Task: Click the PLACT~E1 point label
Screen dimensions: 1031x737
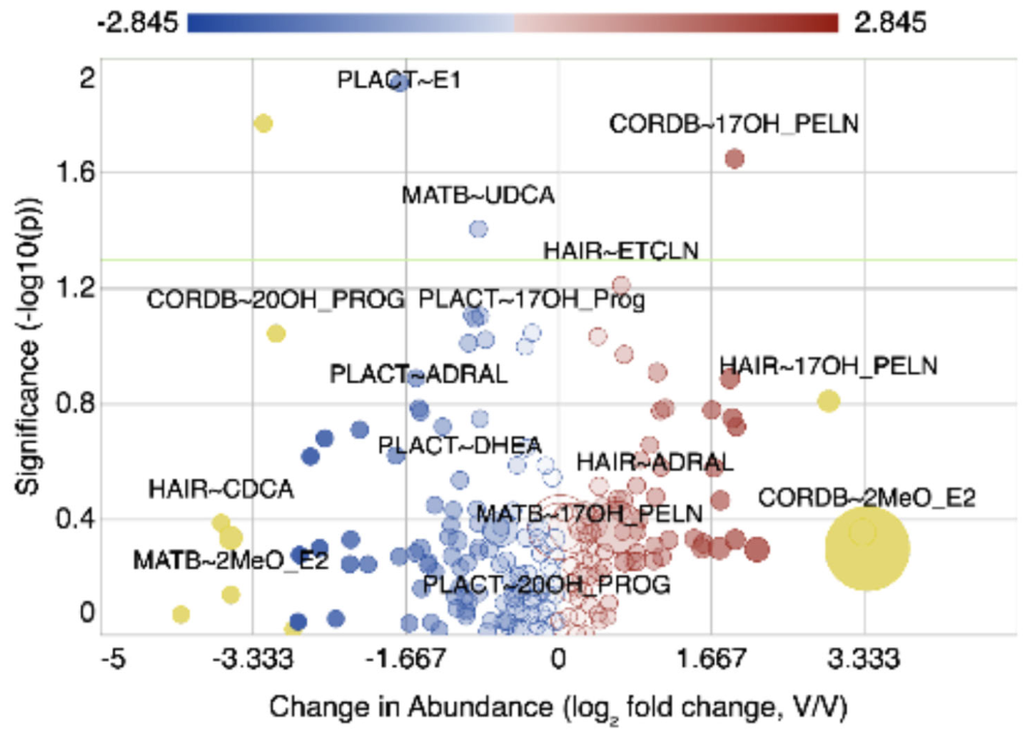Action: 399,80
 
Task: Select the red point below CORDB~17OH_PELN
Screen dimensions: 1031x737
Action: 734,159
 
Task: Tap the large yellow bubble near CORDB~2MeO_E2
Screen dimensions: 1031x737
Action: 868,549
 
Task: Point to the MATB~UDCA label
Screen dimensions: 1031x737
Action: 478,195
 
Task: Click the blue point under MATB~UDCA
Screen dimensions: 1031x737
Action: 478,229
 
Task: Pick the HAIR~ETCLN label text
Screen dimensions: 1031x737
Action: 620,250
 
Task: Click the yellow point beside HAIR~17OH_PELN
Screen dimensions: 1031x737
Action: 828,401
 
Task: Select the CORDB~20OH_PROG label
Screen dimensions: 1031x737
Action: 275,299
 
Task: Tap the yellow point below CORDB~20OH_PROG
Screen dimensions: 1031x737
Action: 276,333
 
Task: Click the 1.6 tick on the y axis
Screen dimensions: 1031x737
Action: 75,172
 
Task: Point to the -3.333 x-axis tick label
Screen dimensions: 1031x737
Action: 253,658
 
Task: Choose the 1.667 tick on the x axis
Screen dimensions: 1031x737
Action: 711,658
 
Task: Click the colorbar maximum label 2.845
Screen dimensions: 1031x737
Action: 890,23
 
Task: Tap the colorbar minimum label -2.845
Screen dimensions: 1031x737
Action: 137,23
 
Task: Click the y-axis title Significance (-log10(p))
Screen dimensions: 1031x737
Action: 28,346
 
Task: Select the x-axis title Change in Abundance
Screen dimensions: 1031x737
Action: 411,707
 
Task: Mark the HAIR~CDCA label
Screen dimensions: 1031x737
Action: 221,490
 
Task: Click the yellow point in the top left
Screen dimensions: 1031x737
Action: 263,123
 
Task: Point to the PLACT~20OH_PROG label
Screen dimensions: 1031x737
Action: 546,584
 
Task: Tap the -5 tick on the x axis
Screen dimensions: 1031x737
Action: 113,658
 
